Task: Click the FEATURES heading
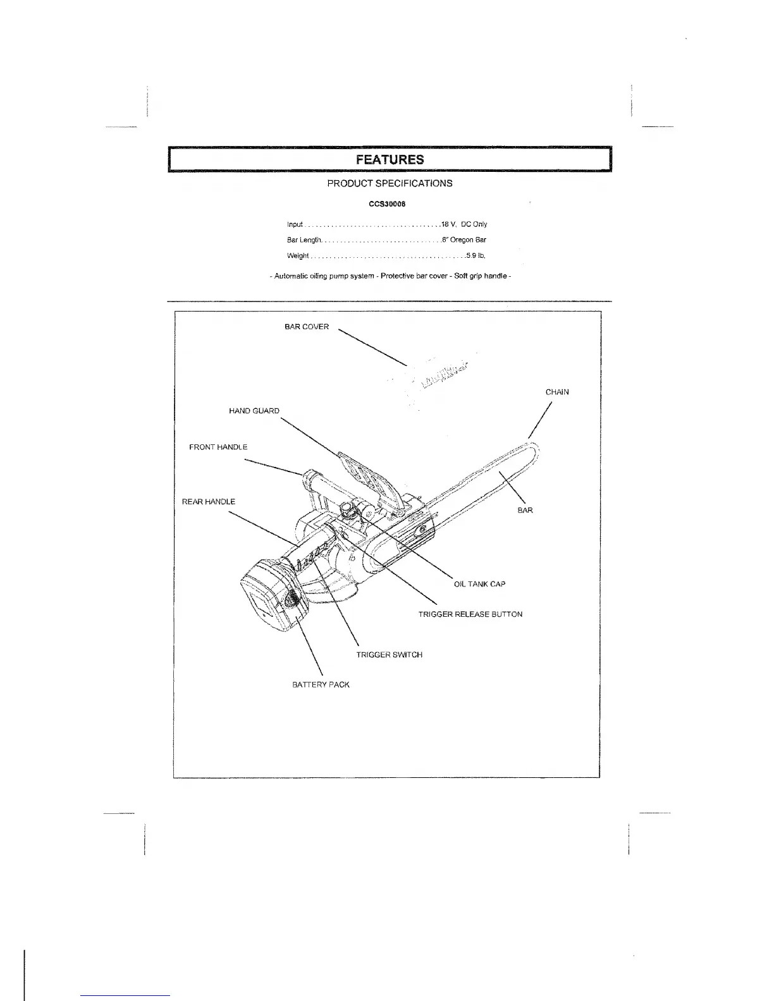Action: (x=390, y=159)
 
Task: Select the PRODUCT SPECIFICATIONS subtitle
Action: (x=390, y=183)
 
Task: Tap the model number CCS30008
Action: (x=387, y=204)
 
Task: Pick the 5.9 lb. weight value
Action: (x=476, y=256)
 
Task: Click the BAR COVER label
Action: (x=307, y=327)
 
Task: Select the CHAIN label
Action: (x=557, y=392)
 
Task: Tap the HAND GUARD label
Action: (x=254, y=411)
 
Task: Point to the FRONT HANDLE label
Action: (x=218, y=447)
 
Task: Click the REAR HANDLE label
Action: (x=209, y=502)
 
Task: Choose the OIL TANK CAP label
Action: (x=479, y=584)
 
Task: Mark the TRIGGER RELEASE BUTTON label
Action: (x=470, y=614)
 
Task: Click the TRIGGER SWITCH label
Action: (x=389, y=655)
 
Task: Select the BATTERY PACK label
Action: (x=321, y=684)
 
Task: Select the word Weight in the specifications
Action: (x=298, y=256)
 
